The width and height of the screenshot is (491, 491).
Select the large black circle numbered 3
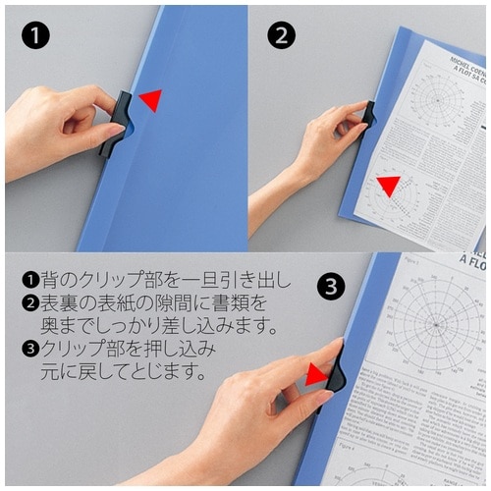tap(333, 287)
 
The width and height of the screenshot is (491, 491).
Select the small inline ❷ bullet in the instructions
tap(28, 303)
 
